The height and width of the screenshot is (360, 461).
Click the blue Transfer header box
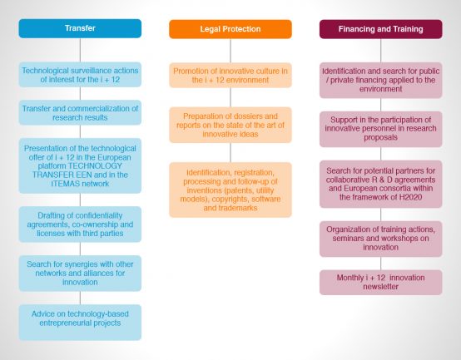tap(80, 28)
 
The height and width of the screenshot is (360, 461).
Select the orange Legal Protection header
tap(230, 29)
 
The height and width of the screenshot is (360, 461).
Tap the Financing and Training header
tap(381, 29)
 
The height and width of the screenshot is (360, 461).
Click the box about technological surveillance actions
tap(80, 75)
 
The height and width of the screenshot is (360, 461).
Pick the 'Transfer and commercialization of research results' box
tap(80, 113)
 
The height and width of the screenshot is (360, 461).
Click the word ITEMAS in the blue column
tap(66, 184)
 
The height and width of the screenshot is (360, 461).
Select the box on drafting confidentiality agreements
tap(80, 224)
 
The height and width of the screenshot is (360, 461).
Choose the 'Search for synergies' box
tap(80, 273)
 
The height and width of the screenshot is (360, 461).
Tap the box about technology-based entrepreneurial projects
tap(80, 323)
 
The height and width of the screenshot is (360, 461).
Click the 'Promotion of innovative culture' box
tap(230, 75)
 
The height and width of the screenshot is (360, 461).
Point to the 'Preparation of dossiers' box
tap(230, 125)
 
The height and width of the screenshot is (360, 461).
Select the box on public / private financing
tap(381, 80)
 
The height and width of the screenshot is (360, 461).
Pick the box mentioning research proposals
tap(381, 129)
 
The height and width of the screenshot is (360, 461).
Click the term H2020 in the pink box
tap(410, 197)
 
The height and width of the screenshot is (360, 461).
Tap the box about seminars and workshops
tap(381, 239)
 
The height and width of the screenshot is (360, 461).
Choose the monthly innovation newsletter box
tap(381, 283)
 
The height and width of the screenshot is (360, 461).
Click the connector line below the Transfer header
tap(80, 50)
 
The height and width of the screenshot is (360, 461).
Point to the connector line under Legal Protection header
tap(230, 51)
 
